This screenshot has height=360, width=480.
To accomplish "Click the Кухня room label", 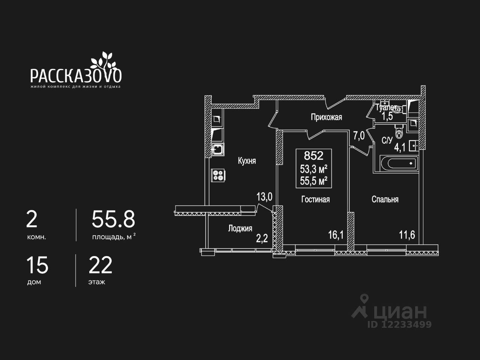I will [x=247, y=161].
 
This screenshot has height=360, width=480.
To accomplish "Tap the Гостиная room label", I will [x=315, y=199].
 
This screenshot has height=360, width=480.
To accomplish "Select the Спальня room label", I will [x=385, y=199].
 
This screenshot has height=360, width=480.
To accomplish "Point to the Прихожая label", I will [x=326, y=117].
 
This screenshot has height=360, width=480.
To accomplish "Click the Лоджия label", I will [x=240, y=228].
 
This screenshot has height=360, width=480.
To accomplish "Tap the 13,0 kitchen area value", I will [x=264, y=196].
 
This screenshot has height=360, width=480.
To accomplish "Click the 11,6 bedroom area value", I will [x=407, y=235].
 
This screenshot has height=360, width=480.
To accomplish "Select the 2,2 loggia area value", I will [x=262, y=238].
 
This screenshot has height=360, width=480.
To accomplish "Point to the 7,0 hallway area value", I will [x=359, y=135].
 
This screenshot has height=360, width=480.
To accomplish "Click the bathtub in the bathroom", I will [x=399, y=163].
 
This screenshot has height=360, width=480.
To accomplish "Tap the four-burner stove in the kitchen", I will [x=218, y=175].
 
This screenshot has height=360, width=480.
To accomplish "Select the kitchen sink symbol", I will [x=217, y=150].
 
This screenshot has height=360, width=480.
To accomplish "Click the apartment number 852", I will [x=313, y=155].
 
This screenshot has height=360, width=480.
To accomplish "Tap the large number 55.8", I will [x=113, y=220].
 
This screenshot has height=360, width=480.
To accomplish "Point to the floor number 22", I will [x=100, y=265].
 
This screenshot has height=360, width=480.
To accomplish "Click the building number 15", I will [x=37, y=265].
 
